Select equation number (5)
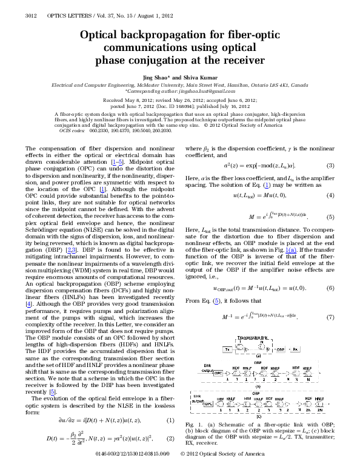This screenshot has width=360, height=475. [331, 217]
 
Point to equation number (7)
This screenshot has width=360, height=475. [331, 317]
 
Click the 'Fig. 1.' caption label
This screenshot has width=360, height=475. [192, 440]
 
